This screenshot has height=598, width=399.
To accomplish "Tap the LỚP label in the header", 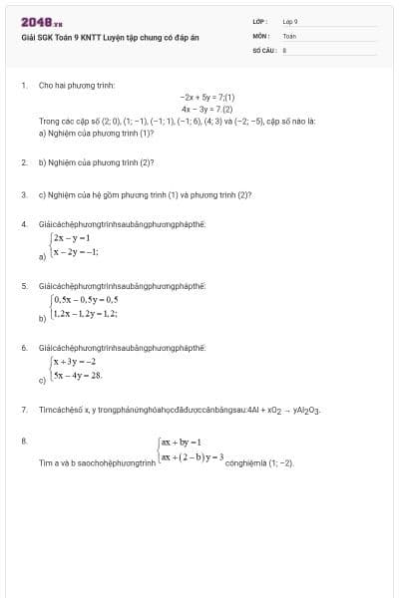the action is point(259,21).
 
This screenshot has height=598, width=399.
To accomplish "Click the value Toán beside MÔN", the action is point(289,35).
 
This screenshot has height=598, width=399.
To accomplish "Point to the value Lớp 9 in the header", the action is point(290,21).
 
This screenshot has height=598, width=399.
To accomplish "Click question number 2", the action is point(24,160).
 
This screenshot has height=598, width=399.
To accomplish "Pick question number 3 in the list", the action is point(24,195).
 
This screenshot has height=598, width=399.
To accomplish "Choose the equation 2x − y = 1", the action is point(73,238).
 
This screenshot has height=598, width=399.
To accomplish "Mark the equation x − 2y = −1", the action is point(76,253).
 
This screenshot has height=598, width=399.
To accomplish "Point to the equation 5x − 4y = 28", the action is point(78,376).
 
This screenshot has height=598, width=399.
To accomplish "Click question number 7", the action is point(24,410).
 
